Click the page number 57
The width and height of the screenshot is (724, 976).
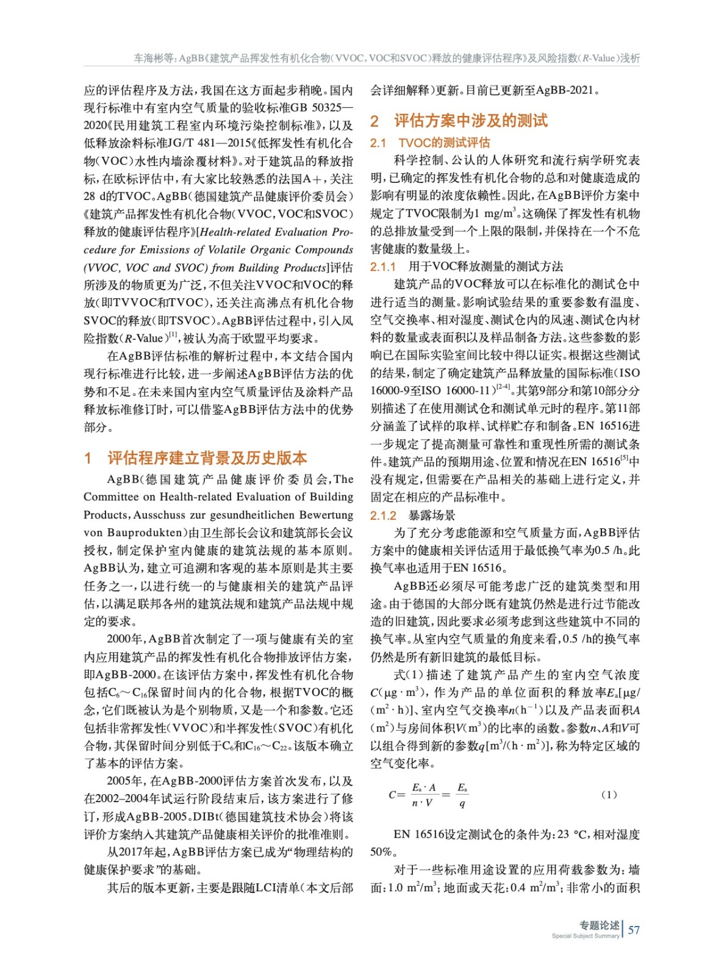click(634, 930)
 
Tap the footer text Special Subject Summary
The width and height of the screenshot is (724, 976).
click(585, 936)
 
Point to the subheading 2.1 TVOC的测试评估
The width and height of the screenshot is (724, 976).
click(430, 143)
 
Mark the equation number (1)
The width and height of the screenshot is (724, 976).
click(609, 794)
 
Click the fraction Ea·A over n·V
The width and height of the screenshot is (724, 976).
click(423, 795)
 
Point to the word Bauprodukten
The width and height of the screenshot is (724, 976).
click(145, 533)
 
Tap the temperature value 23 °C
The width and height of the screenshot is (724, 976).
click(572, 834)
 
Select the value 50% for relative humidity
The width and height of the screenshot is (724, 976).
click(381, 852)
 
